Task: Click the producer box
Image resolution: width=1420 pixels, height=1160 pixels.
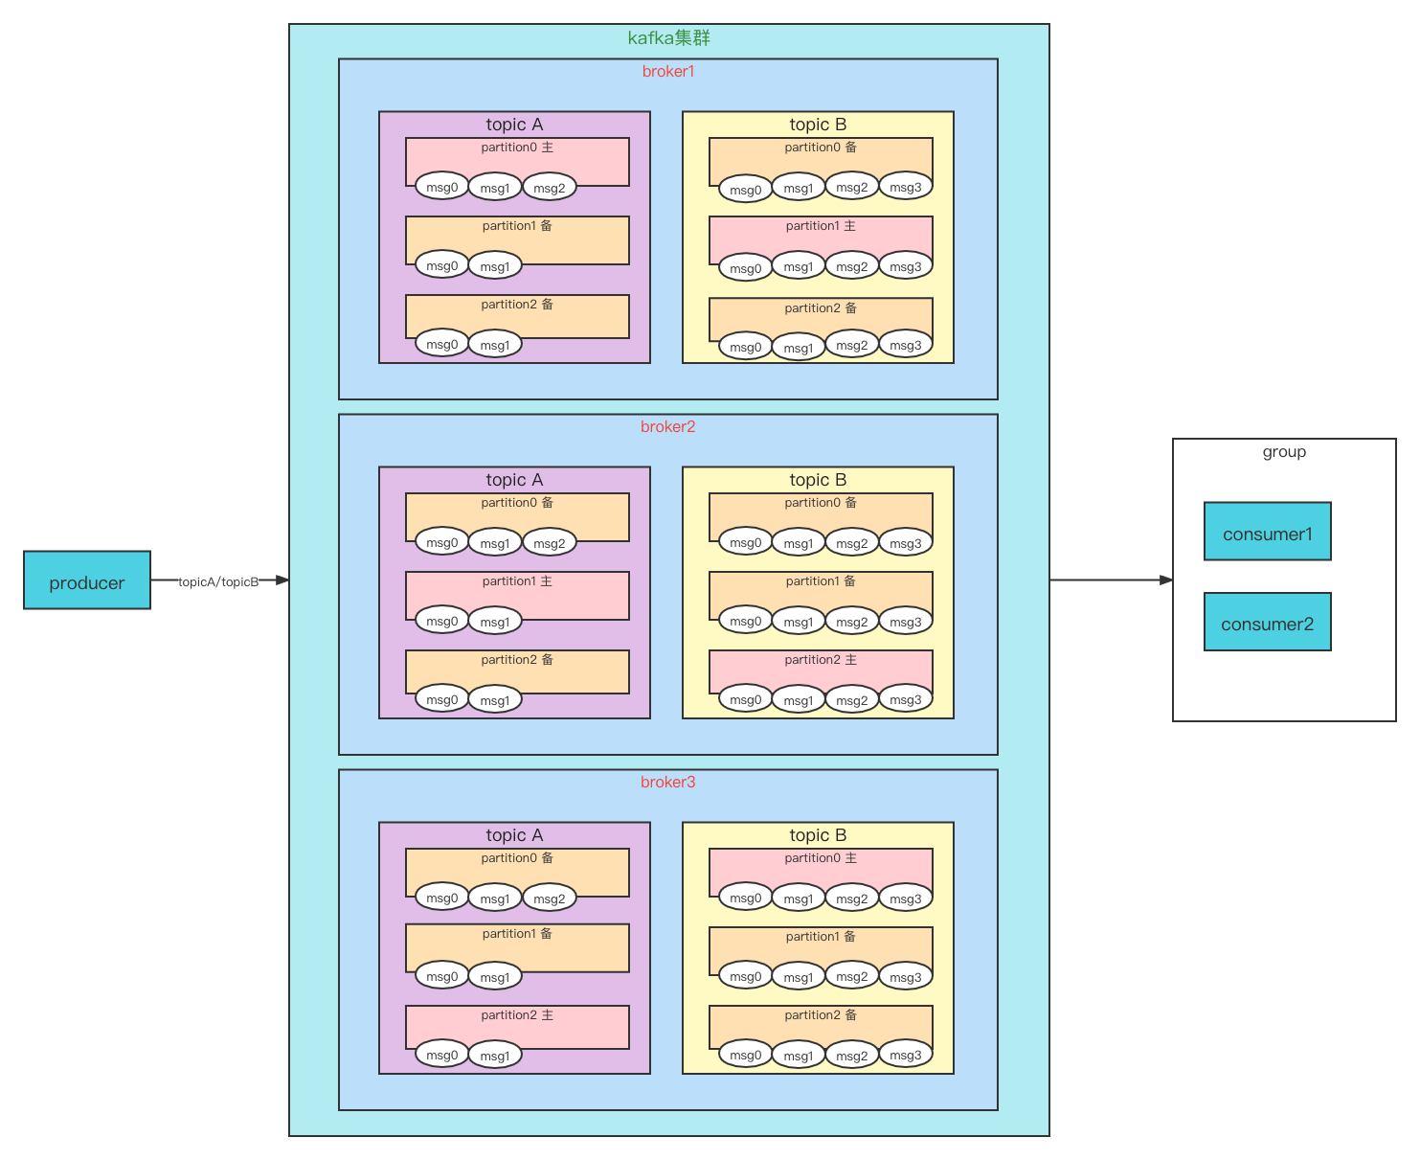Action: point(87,580)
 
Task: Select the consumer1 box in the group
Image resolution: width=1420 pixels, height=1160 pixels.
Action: point(1267,531)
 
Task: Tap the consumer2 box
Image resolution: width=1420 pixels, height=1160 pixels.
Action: point(1267,621)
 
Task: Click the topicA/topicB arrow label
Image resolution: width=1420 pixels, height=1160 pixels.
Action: point(218,581)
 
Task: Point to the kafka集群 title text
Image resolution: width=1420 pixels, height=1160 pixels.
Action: point(668,37)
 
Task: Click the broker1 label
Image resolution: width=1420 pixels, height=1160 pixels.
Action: point(668,71)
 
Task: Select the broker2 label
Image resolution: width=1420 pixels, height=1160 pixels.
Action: point(668,426)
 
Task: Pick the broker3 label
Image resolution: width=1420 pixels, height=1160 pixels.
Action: point(668,782)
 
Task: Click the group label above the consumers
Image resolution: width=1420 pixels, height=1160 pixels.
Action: point(1284,452)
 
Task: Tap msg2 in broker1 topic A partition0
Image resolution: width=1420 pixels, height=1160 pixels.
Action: point(550,188)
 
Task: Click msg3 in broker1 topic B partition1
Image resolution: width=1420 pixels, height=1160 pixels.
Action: point(906,266)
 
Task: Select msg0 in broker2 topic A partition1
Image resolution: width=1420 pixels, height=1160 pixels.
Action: point(441,621)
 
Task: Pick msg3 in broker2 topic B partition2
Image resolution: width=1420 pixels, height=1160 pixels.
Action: point(906,699)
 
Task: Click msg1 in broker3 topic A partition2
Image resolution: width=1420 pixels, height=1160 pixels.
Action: point(495,1056)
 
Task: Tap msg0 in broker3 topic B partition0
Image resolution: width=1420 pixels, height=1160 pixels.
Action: point(745,898)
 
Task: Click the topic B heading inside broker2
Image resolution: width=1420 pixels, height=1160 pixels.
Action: point(818,480)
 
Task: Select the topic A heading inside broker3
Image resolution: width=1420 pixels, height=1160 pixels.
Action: point(514,834)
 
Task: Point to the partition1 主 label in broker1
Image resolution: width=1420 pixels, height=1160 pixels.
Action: point(820,226)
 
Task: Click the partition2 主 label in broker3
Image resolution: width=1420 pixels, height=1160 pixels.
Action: point(517,1014)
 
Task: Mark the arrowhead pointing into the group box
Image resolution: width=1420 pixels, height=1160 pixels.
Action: point(1166,580)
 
